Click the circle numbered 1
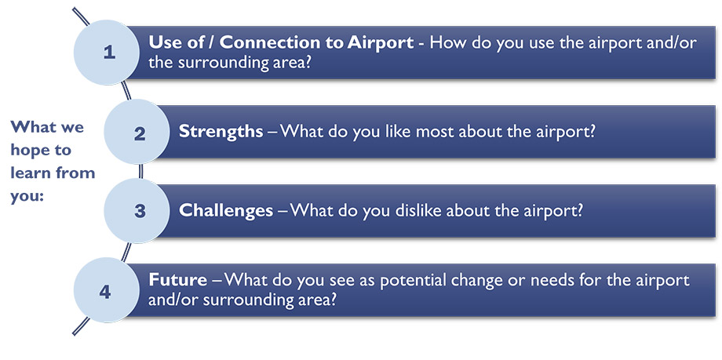coord(108,53)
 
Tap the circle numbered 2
coord(138,132)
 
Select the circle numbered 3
coord(138,211)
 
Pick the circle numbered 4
coord(107,290)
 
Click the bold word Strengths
coord(221,132)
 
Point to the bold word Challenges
coord(226,211)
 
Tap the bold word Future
coord(177,279)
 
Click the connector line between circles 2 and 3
coord(140,171)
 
